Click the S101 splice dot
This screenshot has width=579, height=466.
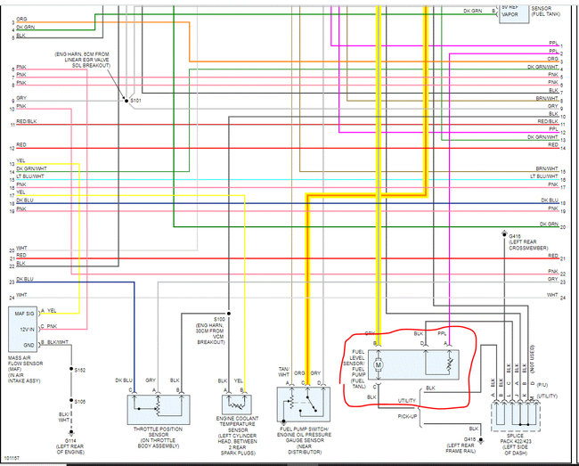tap(125, 101)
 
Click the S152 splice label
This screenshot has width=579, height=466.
tap(80, 369)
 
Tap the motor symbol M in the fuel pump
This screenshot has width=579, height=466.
tap(378, 364)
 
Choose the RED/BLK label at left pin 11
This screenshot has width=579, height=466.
tap(26, 121)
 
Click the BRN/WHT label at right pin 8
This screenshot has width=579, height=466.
tap(547, 97)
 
